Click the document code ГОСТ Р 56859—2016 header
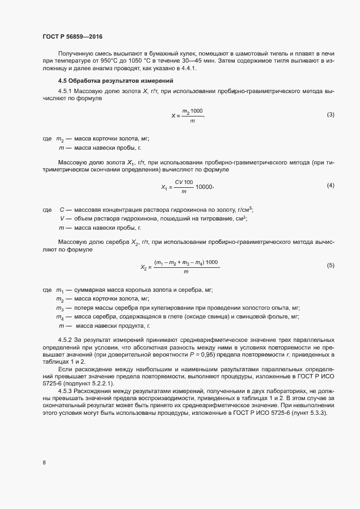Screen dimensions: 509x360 click(72, 36)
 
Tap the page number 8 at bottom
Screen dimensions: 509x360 click(44, 463)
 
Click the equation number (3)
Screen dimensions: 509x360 click(330, 115)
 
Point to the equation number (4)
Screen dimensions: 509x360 click(330, 186)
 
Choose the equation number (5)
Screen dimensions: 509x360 click(330, 265)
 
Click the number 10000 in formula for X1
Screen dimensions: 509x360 click(204, 187)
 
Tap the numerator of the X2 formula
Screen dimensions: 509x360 click(186, 262)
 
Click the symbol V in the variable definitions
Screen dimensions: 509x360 click(62, 219)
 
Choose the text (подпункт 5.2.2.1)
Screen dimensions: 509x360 click(83, 384)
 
